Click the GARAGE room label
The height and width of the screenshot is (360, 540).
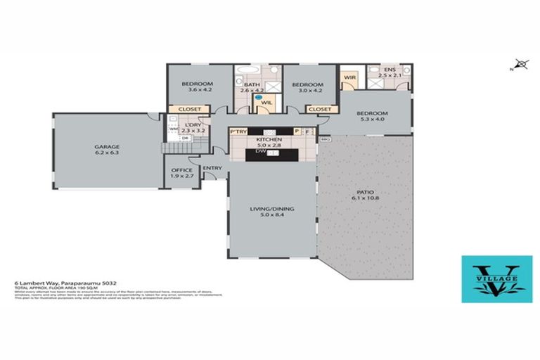point(107,148)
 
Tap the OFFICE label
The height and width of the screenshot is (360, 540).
point(181,170)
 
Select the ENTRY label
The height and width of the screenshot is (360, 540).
point(212,168)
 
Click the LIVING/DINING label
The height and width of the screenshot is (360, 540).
point(272,209)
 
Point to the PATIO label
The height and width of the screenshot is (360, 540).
point(365,191)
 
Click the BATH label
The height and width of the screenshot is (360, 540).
point(252,84)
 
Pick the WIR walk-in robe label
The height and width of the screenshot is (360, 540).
point(349,77)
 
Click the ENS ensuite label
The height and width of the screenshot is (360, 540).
point(388,69)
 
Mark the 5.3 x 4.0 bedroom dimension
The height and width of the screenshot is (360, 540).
point(371,120)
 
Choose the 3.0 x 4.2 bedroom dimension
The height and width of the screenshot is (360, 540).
point(307,89)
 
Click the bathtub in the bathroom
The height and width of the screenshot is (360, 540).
point(247,70)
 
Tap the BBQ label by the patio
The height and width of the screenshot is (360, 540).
point(325,139)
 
